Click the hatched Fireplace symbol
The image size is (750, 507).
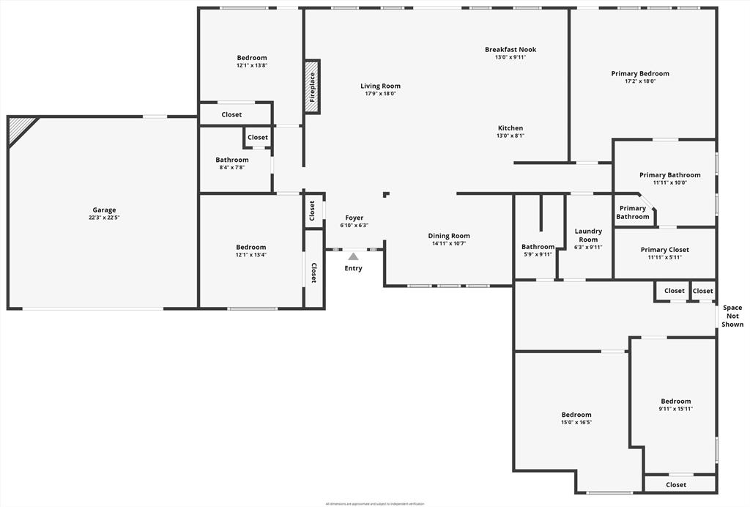[312, 86]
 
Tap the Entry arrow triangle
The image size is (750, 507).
[353, 256]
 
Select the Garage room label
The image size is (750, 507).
[104, 210]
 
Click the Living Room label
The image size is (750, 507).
[380, 86]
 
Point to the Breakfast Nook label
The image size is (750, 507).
[510, 50]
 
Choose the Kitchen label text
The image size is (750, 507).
[510, 128]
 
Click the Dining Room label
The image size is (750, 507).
[449, 236]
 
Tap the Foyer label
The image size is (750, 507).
[354, 218]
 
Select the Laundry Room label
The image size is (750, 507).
[588, 235]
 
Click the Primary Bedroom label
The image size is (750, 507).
[640, 73]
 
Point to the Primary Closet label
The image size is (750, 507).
[664, 250]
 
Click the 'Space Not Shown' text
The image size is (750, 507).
[732, 316]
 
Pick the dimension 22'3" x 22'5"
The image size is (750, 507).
[104, 218]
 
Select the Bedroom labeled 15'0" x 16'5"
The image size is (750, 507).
[576, 415]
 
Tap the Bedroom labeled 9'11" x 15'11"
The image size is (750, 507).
[675, 401]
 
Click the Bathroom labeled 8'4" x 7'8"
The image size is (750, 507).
[231, 160]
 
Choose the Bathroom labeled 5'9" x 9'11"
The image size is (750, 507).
[538, 247]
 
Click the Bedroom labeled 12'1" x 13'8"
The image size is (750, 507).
[251, 58]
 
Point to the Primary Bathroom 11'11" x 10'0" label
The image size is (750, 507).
[669, 175]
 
